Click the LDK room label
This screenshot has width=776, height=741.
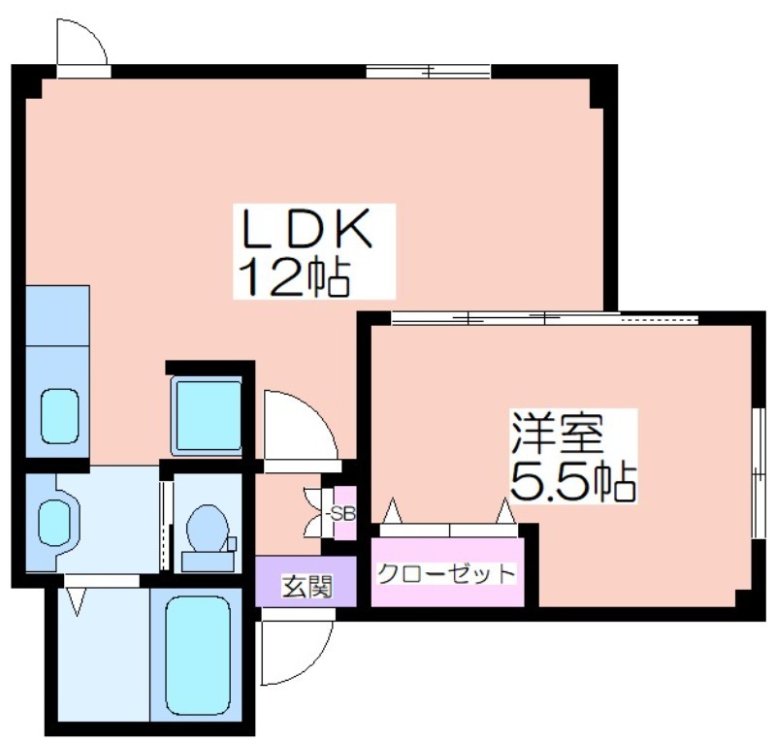tap(307, 229)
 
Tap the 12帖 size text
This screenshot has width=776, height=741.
tap(295, 277)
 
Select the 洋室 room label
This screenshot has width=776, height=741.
tap(558, 433)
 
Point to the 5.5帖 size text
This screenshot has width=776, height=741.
tap(573, 481)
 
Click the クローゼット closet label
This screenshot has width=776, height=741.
tap(446, 574)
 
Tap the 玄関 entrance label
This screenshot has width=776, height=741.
tap(307, 587)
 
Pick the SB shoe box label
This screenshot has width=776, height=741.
tap(343, 514)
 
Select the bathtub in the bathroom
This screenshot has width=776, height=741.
tap(198, 656)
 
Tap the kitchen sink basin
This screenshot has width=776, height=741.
tap(59, 416)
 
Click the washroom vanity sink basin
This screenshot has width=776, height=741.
tap(54, 522)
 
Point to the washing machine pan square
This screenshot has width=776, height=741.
tap(207, 415)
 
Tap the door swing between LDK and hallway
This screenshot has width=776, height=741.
tap(301, 425)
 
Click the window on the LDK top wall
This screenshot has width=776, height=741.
tap(428, 71)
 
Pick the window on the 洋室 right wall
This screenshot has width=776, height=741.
tap(759, 473)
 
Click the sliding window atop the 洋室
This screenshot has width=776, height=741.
tap(544, 318)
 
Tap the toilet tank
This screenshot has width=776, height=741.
tap(208, 562)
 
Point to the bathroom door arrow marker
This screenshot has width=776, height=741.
tap(77, 601)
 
